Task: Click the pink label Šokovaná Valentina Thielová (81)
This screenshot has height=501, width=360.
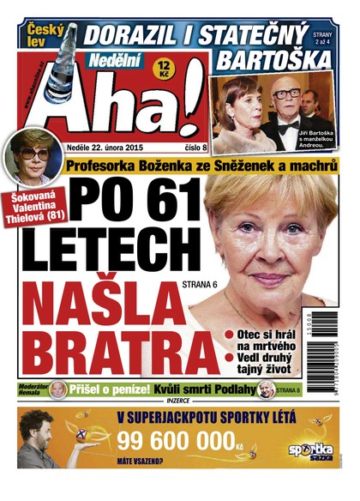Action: [x=35, y=208]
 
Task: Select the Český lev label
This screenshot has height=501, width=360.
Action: [x=41, y=33]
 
